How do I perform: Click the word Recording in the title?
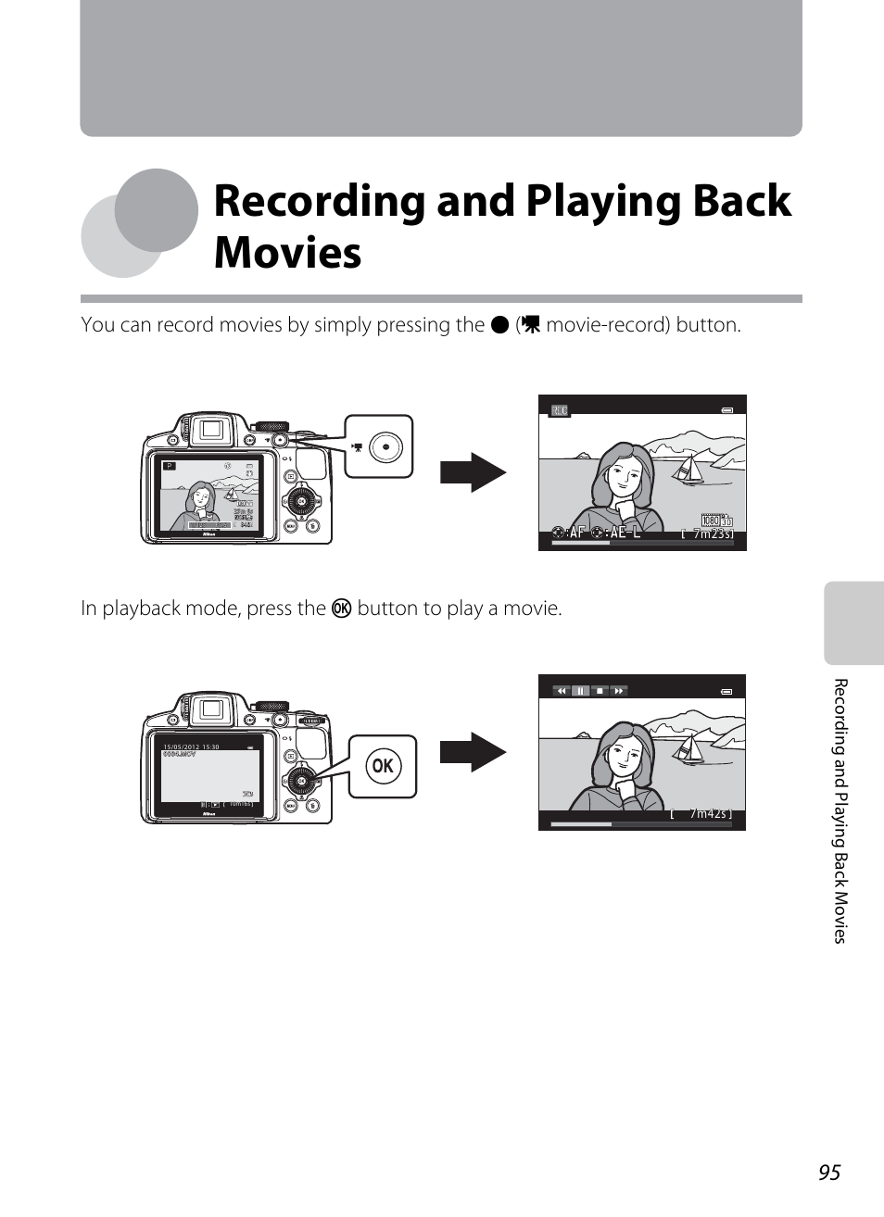[319, 202]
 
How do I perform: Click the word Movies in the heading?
[287, 253]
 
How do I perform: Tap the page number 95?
[828, 1173]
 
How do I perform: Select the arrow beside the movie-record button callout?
[473, 472]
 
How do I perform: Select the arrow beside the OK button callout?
[473, 752]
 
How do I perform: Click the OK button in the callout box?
[383, 766]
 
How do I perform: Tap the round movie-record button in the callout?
[385, 447]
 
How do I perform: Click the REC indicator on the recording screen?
[559, 410]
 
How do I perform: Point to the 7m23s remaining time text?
[712, 534]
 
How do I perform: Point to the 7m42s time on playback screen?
[709, 814]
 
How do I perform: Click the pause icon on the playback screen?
[580, 691]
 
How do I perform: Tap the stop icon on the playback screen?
[600, 691]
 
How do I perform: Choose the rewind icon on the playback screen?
[562, 691]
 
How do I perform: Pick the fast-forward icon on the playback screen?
[619, 691]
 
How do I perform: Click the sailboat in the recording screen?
[689, 470]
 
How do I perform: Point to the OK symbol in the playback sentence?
[341, 608]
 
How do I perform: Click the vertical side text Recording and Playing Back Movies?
[840, 810]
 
